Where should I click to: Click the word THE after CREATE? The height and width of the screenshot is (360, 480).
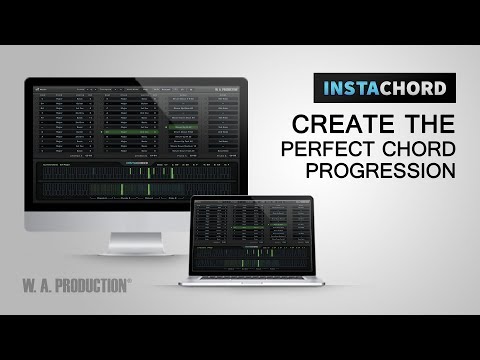(x=418, y=124)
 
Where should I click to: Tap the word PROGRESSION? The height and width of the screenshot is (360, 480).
(x=381, y=170)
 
